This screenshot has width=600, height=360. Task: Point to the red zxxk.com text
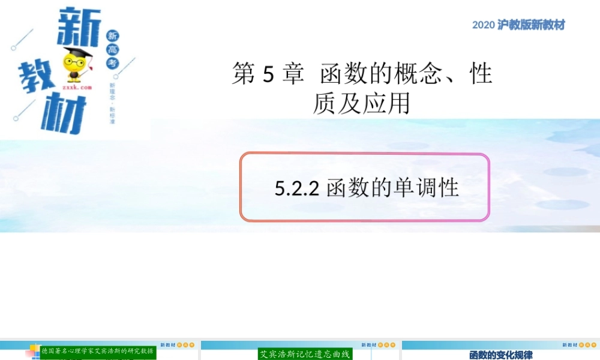pyautogui.click(x=76, y=87)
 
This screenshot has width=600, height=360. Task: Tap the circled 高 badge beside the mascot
pyautogui.click(x=114, y=49)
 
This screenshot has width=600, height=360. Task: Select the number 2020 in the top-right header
pyautogui.click(x=483, y=25)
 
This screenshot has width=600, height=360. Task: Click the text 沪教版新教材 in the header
pyautogui.click(x=532, y=25)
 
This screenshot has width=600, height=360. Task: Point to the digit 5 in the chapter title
pyautogui.click(x=269, y=74)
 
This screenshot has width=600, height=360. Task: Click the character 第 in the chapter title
pyautogui.click(x=244, y=74)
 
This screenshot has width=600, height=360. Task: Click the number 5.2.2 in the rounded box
pyautogui.click(x=295, y=188)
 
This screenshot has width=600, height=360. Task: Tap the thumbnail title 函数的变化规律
pyautogui.click(x=500, y=355)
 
